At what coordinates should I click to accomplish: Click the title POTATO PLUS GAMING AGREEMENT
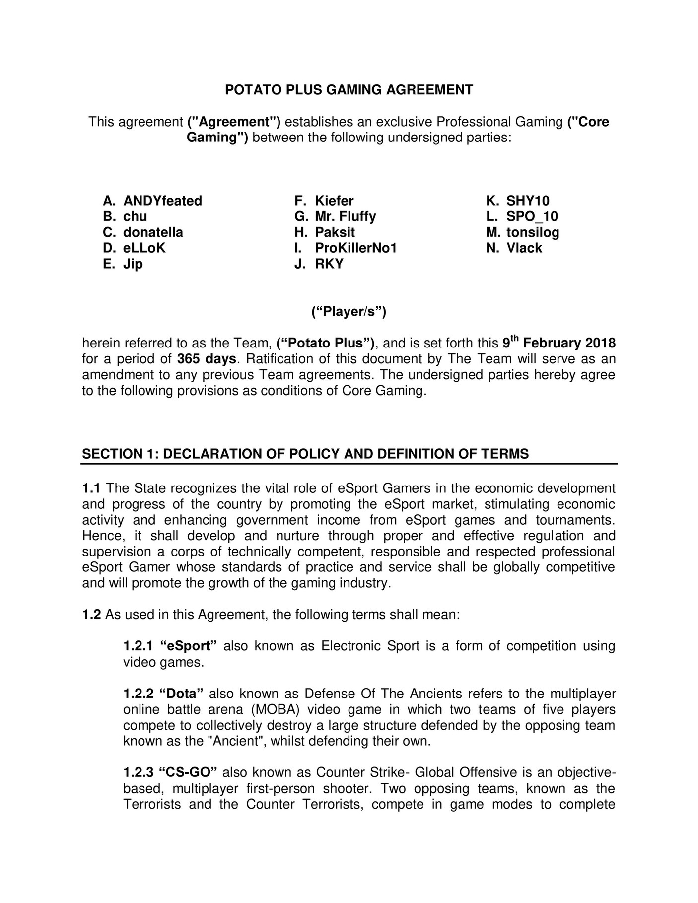[349, 90]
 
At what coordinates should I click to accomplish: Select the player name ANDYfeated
[162, 201]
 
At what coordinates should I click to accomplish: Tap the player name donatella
[153, 232]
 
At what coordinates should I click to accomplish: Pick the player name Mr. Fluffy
[345, 216]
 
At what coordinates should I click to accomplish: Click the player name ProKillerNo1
[356, 248]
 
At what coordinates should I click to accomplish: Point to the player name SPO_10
[532, 216]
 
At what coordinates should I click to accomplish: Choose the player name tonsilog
[532, 232]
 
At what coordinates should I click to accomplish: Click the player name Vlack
[524, 248]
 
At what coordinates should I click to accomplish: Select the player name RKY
[329, 264]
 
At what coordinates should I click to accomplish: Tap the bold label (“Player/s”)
[349, 312]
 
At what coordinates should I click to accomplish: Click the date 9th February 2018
[558, 343]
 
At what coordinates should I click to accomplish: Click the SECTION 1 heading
[305, 454]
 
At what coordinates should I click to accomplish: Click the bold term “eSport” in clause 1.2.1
[189, 646]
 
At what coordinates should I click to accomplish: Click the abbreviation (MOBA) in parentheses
[269, 709]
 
